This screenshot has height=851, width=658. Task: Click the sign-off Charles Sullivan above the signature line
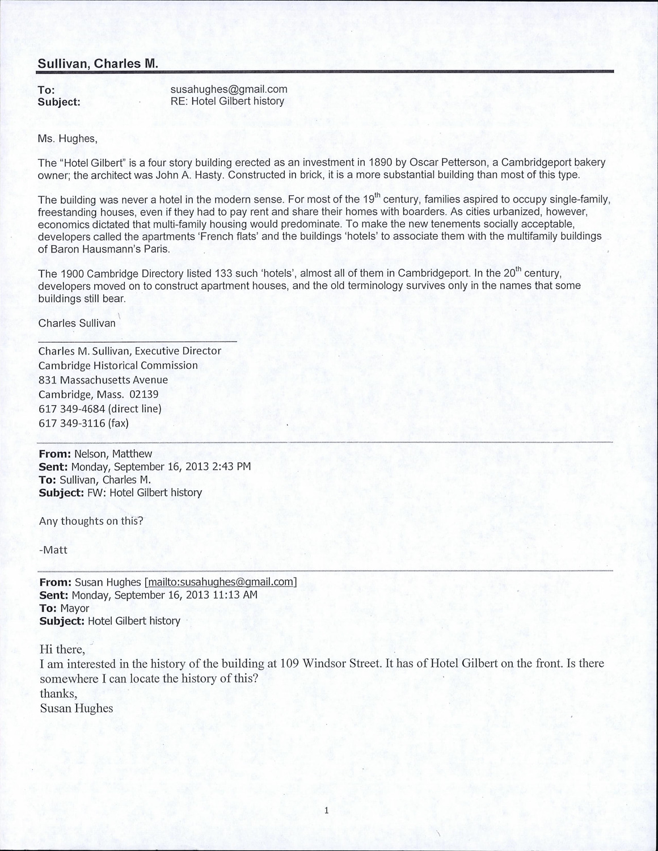tap(77, 323)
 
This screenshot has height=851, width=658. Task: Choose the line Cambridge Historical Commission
tap(118, 365)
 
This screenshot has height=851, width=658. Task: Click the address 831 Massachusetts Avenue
tap(103, 380)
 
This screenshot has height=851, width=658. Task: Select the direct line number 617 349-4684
tap(72, 409)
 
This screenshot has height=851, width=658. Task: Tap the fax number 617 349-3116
tap(72, 423)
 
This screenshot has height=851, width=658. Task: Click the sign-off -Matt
tap(53, 550)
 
